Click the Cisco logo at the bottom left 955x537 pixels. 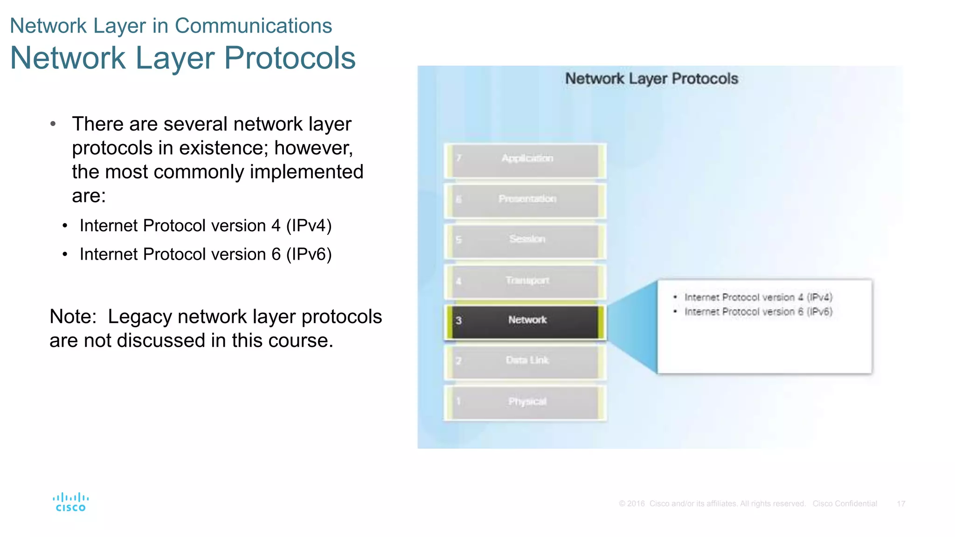pos(70,502)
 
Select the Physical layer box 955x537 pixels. pos(526,402)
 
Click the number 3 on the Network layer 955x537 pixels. pos(458,321)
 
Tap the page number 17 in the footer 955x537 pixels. pos(901,504)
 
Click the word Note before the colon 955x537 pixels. pos(70,317)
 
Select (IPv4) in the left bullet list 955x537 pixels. pos(309,226)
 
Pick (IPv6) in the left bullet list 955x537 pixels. pos(309,255)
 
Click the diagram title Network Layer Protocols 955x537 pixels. pos(651,79)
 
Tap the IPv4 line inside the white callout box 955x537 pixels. pos(758,297)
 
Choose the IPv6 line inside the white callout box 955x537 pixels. pos(758,312)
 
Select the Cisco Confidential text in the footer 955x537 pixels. pos(844,504)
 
